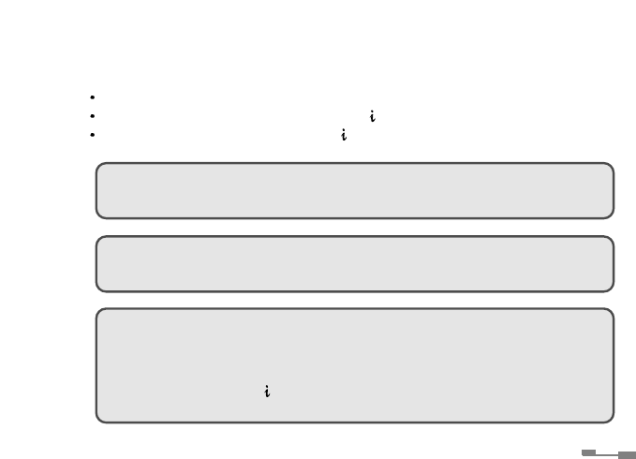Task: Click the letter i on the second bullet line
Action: (x=373, y=117)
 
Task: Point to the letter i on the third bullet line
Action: (x=345, y=136)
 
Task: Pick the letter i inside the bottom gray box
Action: (x=268, y=392)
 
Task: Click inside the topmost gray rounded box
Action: (x=354, y=190)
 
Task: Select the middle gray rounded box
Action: (x=354, y=263)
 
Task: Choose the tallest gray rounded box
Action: (x=354, y=365)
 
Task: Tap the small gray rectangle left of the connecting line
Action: (x=589, y=452)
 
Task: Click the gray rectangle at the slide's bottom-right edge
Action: (x=627, y=455)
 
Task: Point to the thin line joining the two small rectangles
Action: (x=607, y=454)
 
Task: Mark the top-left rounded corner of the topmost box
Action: (x=99, y=167)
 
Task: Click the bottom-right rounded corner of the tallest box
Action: (x=610, y=418)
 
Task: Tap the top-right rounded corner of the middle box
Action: (x=610, y=240)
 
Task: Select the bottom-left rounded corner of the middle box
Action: (x=99, y=288)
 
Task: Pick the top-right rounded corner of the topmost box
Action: (x=610, y=167)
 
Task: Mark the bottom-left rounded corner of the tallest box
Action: (x=99, y=418)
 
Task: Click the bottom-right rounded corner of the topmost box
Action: (x=610, y=215)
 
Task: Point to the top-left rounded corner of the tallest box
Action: (x=99, y=313)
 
